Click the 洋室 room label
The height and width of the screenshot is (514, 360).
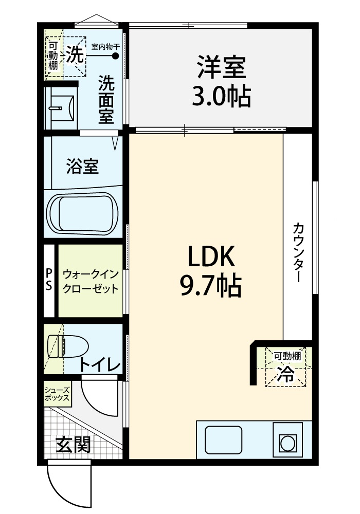coord(221,67)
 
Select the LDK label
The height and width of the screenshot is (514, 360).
coord(211,256)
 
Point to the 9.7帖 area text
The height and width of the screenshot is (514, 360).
coord(211,285)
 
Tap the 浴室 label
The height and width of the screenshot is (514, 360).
coord(82,166)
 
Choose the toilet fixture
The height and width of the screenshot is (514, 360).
coord(68,346)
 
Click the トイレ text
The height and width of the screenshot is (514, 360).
coord(100,365)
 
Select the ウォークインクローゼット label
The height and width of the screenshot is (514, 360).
coord(91,281)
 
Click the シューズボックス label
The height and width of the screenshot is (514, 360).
coord(57,394)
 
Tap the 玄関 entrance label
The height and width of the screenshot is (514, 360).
coord(73,445)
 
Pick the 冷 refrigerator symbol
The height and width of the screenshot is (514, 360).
coord(285,374)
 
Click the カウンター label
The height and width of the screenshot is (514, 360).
coord(298,252)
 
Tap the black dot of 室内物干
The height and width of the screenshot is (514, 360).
coord(115,56)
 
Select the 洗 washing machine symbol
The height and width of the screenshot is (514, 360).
coord(75,54)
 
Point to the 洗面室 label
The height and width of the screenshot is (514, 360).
coord(106,99)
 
